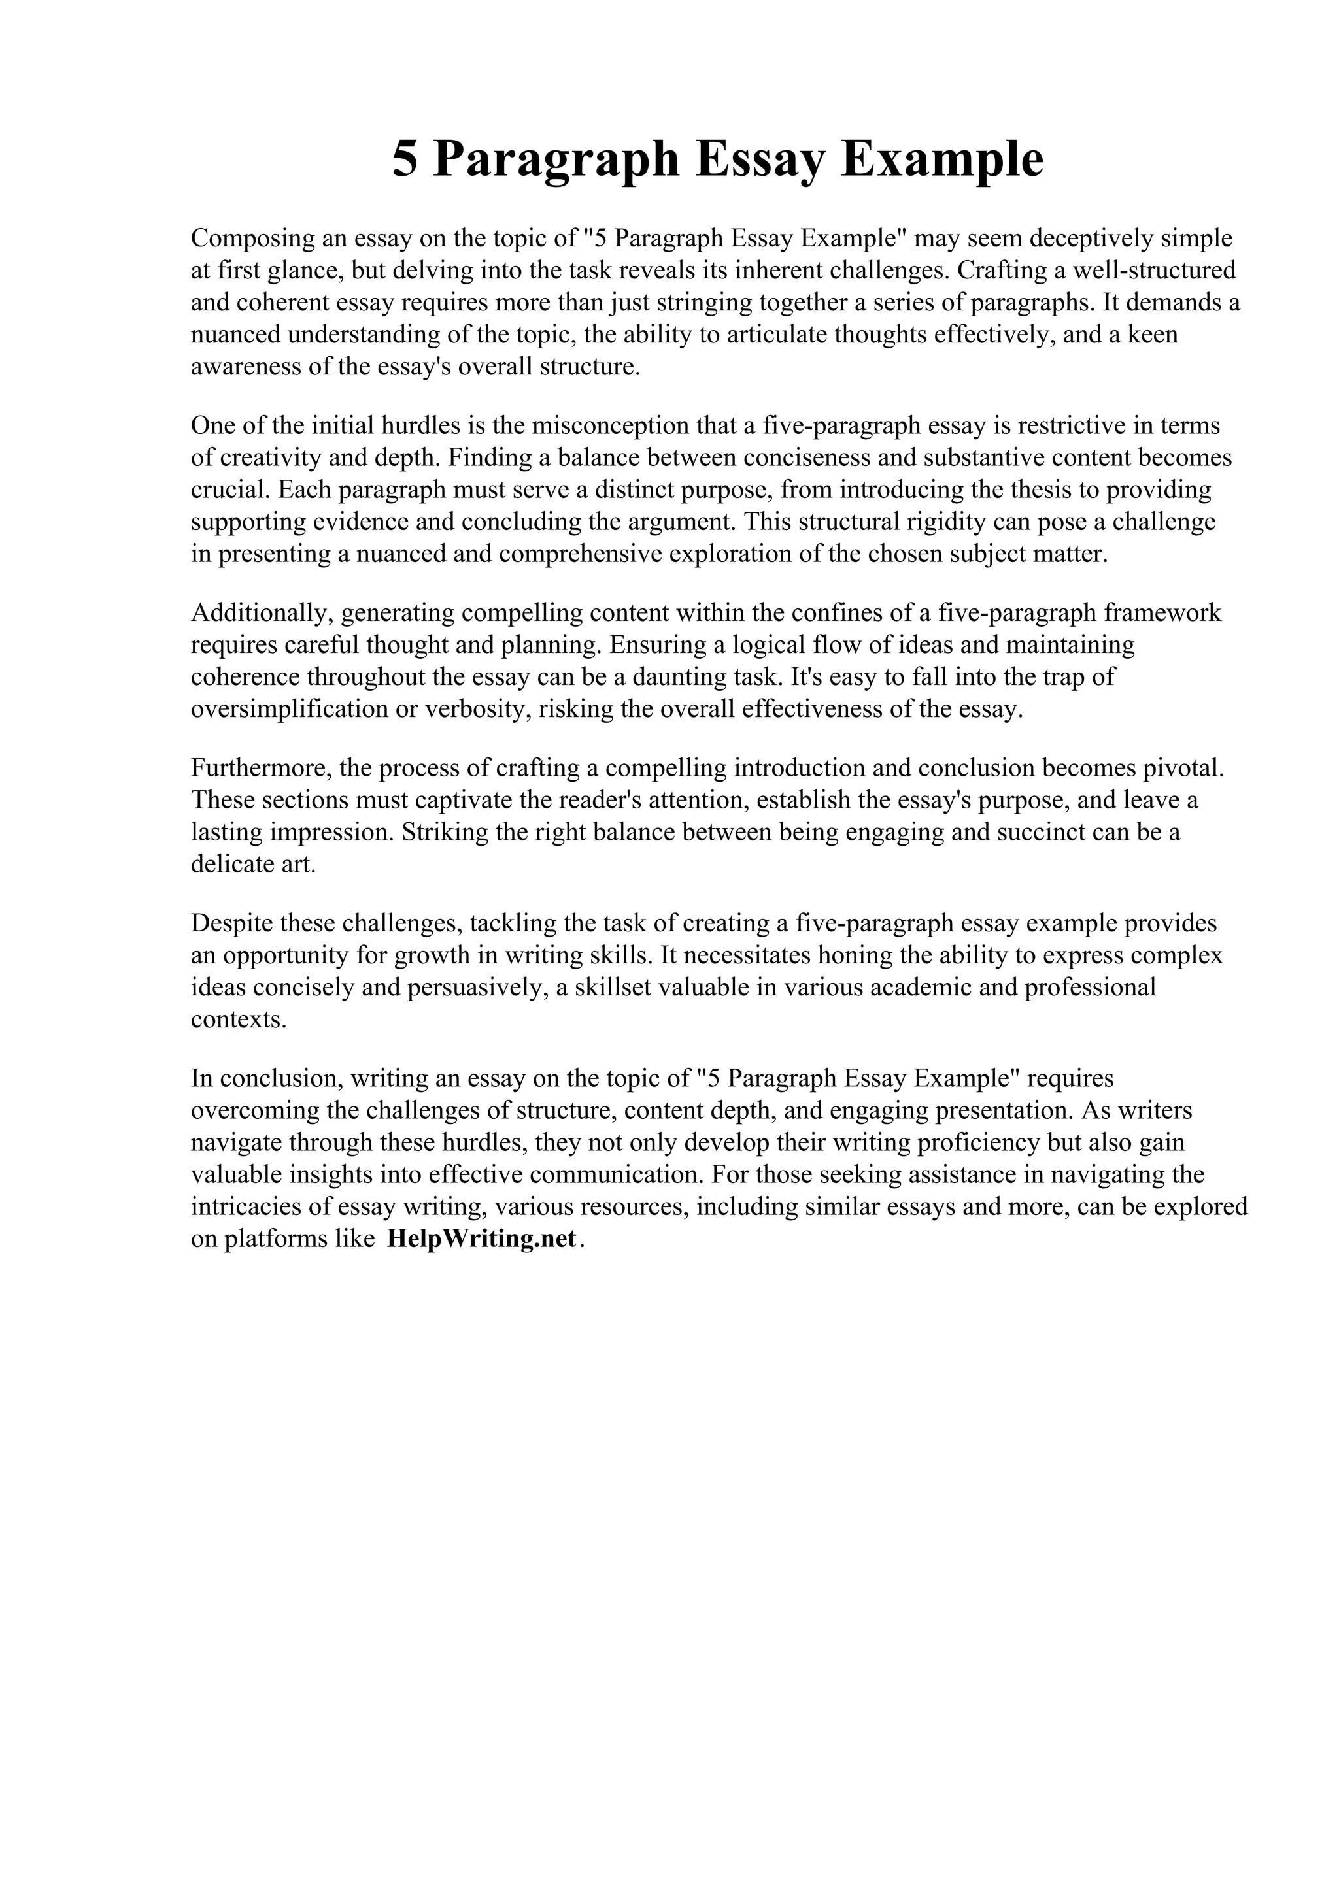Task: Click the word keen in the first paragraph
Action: (1153, 334)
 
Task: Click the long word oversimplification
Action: (290, 709)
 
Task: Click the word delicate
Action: (226, 865)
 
